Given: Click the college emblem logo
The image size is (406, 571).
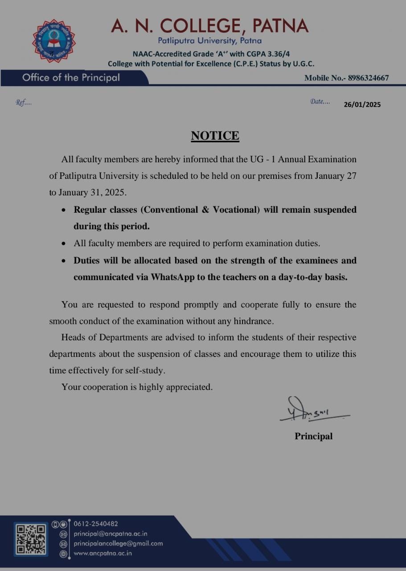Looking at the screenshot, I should [x=53, y=41].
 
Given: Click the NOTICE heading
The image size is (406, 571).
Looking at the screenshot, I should [x=215, y=136].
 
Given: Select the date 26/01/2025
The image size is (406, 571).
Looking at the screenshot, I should [x=362, y=105].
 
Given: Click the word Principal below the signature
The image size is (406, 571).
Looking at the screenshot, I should [x=313, y=436].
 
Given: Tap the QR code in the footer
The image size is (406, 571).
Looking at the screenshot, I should [x=31, y=539].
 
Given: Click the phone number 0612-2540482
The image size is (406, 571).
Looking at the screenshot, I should [x=96, y=524].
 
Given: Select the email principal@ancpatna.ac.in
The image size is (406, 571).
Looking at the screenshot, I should [x=111, y=534].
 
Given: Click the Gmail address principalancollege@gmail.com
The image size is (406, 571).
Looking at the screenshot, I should [x=118, y=543].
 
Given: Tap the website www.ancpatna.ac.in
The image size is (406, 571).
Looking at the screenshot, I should [x=103, y=553].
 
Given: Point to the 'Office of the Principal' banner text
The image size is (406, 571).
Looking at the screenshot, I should [x=71, y=78].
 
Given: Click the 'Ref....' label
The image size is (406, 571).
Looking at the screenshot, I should [x=24, y=102].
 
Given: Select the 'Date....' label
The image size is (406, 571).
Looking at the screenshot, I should [x=320, y=102].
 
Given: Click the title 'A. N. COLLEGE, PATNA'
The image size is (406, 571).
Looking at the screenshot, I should [x=209, y=25].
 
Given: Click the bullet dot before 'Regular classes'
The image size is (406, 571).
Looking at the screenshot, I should [x=65, y=210].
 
